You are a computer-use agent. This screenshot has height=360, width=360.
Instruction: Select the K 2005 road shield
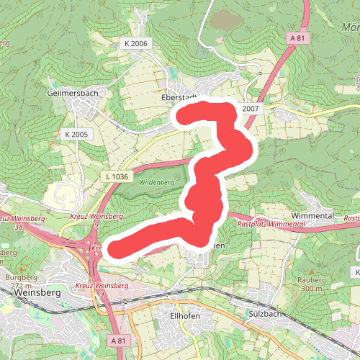[x=75, y=134]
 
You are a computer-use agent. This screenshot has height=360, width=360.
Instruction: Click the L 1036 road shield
[x=116, y=176]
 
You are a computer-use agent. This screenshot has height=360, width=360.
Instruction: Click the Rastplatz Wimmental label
[x=272, y=224]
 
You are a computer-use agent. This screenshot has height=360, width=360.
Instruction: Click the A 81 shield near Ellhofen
[x=119, y=339]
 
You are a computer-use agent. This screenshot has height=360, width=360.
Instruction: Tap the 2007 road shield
[x=250, y=109]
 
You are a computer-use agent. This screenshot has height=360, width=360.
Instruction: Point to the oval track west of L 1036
[x=67, y=193]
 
